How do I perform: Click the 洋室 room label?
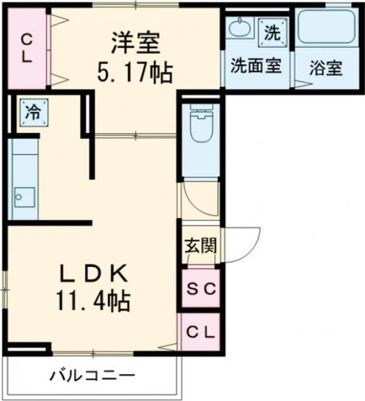pyautogui.click(x=136, y=44)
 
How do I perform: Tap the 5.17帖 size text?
pyautogui.click(x=135, y=74)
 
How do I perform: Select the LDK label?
pyautogui.click(x=94, y=273)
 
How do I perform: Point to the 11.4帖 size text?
pyautogui.click(x=95, y=303)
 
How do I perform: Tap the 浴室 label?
pyautogui.click(x=326, y=68)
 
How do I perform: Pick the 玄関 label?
pyautogui.click(x=200, y=245)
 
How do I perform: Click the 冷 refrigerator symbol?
pyautogui.click(x=33, y=113)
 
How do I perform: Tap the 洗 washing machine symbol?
pyautogui.click(x=274, y=32)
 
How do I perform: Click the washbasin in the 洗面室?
pyautogui.click(x=238, y=28)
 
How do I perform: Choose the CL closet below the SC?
pyautogui.click(x=200, y=332)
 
